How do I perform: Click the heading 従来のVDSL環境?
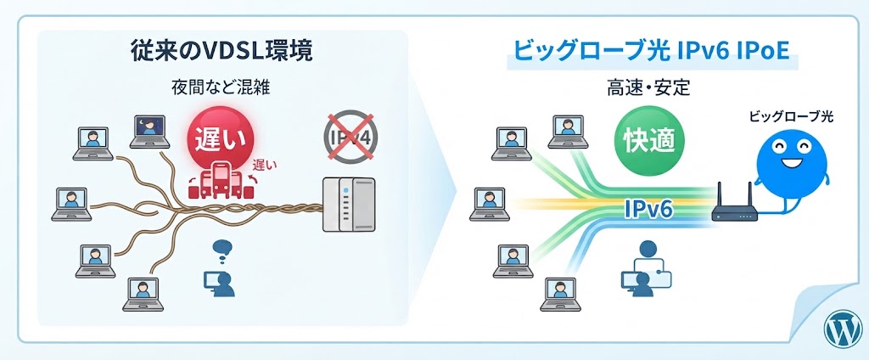221,52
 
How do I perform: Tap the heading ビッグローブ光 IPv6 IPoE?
653,53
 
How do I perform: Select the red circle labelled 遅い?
221,138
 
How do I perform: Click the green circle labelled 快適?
649,139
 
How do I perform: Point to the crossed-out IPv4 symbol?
349,137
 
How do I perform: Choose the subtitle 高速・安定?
649,89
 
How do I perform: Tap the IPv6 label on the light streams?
648,210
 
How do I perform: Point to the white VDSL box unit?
349,205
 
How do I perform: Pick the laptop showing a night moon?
149,131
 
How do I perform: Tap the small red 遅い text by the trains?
265,164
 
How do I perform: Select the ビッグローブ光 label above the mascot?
791,117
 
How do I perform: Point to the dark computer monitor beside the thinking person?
212,279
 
